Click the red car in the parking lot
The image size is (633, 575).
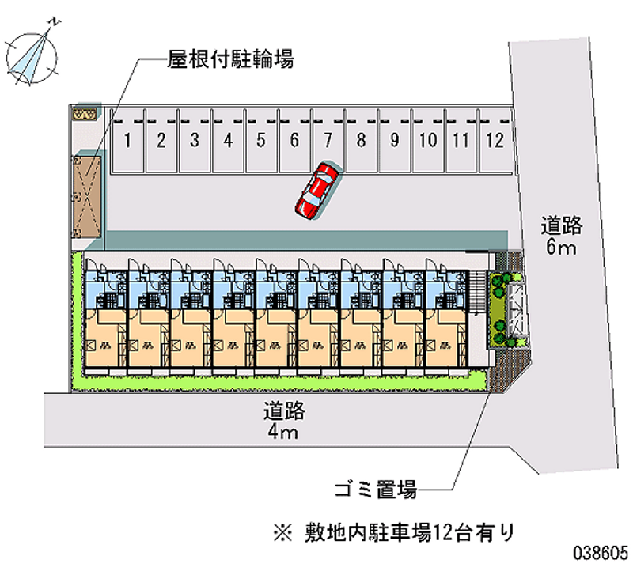click(317, 190)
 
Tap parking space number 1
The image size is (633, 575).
click(127, 142)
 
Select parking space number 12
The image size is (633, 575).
click(495, 142)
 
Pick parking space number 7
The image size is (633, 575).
click(327, 142)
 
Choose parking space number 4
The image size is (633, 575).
click(227, 142)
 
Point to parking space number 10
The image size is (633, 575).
click(427, 142)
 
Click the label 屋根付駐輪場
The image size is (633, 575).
click(230, 59)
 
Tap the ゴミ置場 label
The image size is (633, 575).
click(375, 490)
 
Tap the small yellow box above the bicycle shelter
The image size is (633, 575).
click(84, 115)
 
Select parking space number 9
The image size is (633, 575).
click(393, 142)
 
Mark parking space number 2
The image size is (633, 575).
click(161, 142)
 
